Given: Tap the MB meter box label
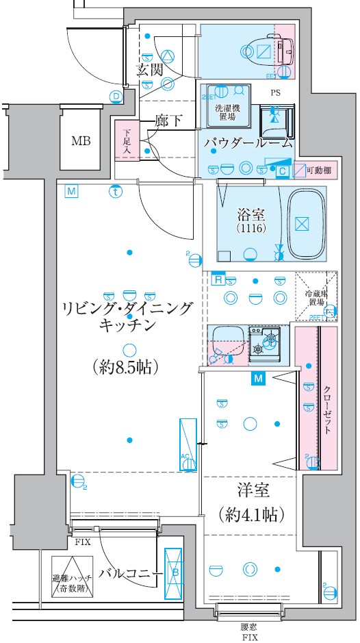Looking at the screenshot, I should click(x=82, y=142).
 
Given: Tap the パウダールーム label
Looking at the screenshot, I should click(x=247, y=143).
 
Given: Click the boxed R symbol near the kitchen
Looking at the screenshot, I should click(x=217, y=279).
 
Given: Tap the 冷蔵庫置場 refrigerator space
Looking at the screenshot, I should click(x=316, y=297).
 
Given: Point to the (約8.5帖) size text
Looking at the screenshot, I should click(x=125, y=367).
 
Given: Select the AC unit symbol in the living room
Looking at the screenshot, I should click(x=188, y=444).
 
